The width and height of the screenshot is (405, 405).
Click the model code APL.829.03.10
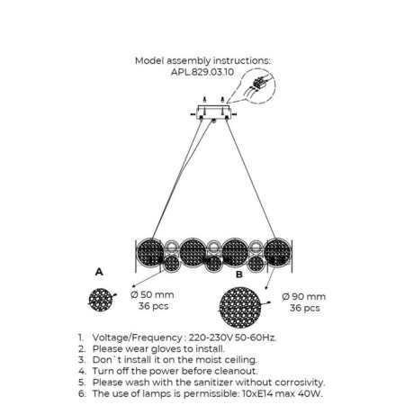tap(202, 72)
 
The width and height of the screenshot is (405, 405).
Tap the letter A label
tap(99, 272)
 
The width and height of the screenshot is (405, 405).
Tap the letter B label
tap(239, 274)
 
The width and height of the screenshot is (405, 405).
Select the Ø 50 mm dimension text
tap(152, 294)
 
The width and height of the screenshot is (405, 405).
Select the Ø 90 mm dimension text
tap(304, 296)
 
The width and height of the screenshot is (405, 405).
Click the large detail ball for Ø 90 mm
tap(239, 307)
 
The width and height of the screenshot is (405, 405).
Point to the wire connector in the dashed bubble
tap(259, 82)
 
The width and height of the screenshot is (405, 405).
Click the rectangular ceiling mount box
tap(213, 112)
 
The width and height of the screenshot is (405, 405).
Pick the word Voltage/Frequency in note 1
tap(137, 337)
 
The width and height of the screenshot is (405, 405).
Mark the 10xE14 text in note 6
tap(257, 393)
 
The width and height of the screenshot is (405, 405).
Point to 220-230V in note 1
tap(211, 337)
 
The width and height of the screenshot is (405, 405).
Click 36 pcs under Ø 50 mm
tap(153, 306)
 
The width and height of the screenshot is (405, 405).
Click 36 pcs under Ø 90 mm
tap(305, 308)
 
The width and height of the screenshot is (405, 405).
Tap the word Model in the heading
tap(149, 61)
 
